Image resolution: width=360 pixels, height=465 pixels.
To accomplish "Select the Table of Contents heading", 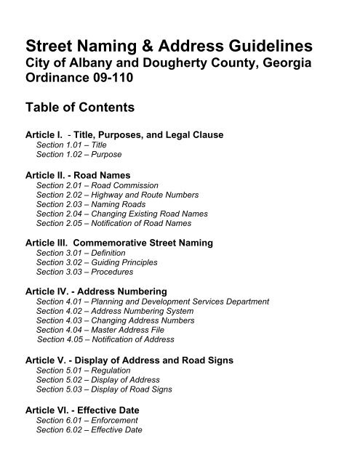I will point(80,108).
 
